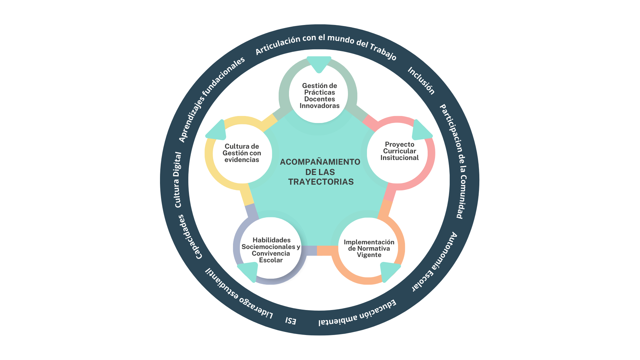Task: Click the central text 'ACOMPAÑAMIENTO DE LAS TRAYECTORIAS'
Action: click(320, 172)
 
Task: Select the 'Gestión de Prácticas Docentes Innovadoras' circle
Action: click(319, 96)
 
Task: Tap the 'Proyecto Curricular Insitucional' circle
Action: click(399, 151)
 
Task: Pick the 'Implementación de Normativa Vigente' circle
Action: click(369, 248)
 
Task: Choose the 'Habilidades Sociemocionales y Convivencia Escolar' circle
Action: click(271, 250)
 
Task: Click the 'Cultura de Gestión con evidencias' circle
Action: click(242, 153)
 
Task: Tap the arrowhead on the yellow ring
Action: click(217, 131)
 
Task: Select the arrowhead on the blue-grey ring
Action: click(249, 271)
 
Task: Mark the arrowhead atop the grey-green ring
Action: click(319, 63)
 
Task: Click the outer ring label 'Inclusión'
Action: click(421, 81)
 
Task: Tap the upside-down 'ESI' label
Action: click(291, 321)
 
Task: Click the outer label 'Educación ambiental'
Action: click(357, 313)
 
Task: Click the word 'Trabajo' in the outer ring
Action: click(383, 52)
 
